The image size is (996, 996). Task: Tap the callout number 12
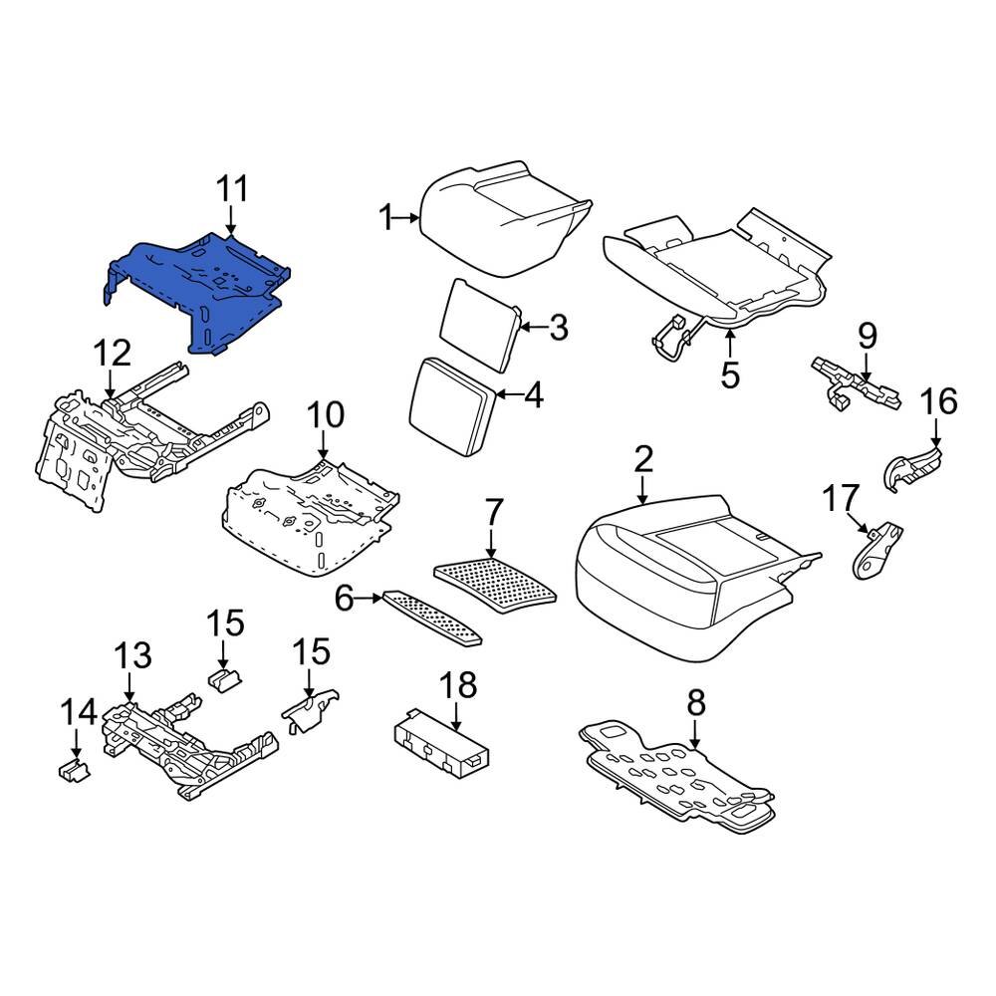112,353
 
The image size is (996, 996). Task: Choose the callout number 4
534,395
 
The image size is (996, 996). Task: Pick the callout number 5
730,375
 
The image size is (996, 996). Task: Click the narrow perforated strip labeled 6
430,616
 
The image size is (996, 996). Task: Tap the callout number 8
695,703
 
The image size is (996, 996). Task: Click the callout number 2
643,459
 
